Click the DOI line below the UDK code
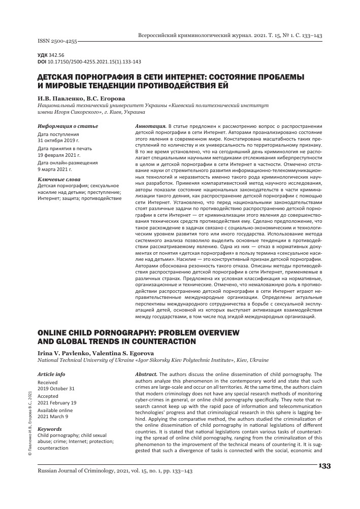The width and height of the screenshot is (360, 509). click(x=89, y=61)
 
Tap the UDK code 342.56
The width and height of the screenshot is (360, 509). click(x=57, y=55)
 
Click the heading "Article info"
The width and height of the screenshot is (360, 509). click(x=51, y=373)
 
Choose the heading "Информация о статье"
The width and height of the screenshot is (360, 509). click(x=63, y=125)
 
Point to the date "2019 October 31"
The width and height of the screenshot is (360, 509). click(x=56, y=388)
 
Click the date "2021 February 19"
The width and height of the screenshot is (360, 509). click(x=57, y=403)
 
